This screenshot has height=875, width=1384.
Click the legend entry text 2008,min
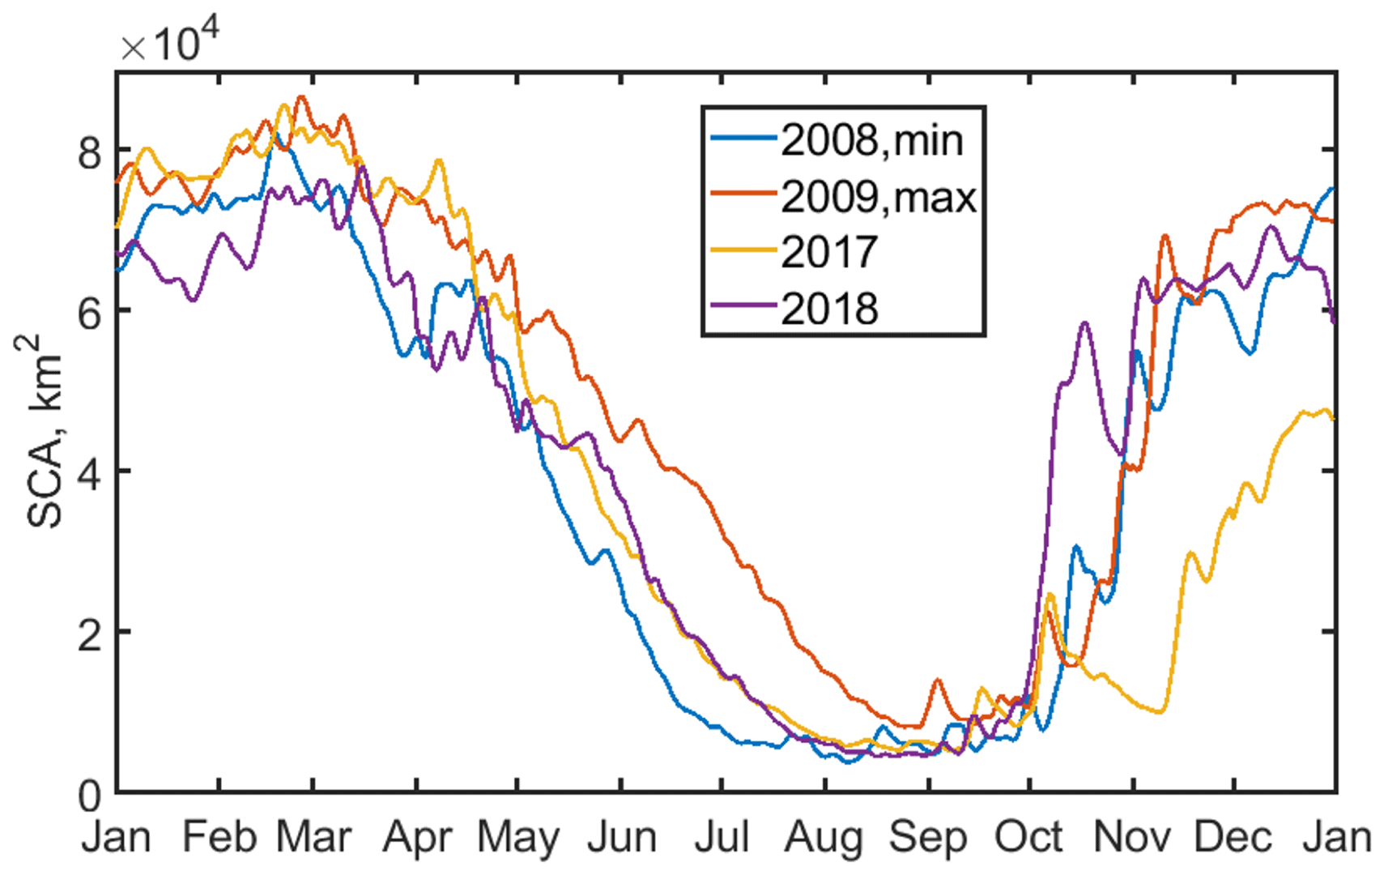871,140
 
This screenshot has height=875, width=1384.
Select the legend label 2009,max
879,196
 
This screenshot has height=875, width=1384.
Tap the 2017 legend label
829,252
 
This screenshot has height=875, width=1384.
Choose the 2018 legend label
829,309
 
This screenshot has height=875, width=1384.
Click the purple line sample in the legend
743,305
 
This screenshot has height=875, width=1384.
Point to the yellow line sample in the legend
743,250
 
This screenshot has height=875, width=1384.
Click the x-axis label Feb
219,837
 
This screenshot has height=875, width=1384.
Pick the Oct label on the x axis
1028,837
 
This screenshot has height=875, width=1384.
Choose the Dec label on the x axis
1233,837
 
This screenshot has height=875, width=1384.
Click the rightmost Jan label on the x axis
1337,837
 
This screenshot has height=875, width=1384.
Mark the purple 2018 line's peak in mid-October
1084,323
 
